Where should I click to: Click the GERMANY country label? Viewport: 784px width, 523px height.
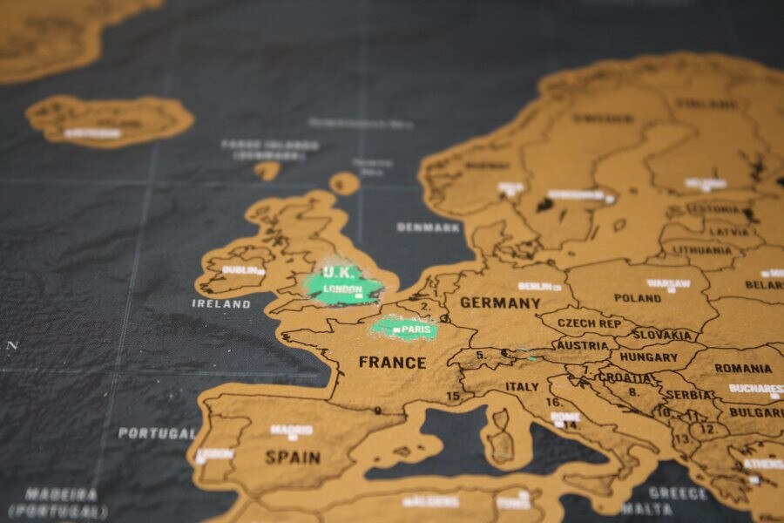[500, 302]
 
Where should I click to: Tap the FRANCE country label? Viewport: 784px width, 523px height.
[392, 362]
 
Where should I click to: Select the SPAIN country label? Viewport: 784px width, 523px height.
[292, 457]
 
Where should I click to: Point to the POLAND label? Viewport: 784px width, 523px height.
[637, 297]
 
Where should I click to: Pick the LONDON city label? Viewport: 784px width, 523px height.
[342, 289]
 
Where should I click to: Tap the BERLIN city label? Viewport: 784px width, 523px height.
[536, 286]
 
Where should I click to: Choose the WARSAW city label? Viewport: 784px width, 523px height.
[667, 283]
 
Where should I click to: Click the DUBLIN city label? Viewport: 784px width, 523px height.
[240, 270]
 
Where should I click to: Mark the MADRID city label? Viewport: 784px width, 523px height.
[290, 430]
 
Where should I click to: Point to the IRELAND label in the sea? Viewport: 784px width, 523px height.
[220, 304]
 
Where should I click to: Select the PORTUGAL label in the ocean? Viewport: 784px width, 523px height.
[157, 432]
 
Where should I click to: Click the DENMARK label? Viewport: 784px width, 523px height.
[428, 228]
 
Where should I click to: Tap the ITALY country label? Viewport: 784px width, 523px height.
[522, 386]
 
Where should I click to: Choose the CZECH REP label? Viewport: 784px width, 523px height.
[591, 323]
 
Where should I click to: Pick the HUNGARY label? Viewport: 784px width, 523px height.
[648, 357]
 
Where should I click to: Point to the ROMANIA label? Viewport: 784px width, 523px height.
[742, 368]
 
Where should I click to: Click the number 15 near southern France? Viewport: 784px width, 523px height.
[454, 396]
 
